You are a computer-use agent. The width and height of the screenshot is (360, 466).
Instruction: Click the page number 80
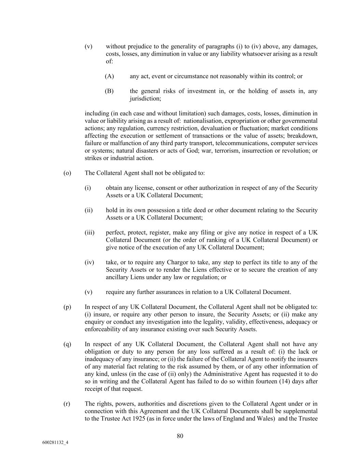pos(180,436)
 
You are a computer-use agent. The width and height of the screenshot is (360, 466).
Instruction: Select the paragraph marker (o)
pos(67,173)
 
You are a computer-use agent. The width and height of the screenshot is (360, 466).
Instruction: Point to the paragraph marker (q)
pos(67,344)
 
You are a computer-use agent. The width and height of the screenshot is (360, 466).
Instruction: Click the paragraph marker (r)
pos(67,404)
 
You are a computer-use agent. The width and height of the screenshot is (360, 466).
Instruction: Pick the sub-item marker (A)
pos(109,76)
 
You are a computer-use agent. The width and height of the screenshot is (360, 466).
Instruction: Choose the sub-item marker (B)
pos(109,91)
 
